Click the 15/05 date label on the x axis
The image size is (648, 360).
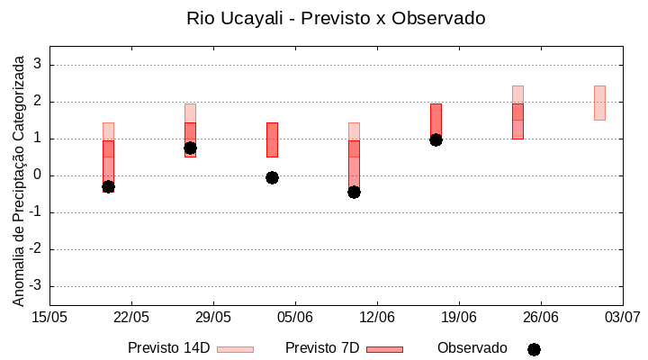(x=49, y=317)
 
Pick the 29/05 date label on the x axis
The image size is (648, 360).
(x=213, y=317)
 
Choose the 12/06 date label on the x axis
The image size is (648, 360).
(x=377, y=317)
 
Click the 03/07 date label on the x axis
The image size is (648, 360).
(x=622, y=317)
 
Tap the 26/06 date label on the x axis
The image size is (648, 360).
(x=540, y=317)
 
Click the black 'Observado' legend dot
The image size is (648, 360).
(x=534, y=349)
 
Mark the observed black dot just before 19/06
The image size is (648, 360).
(x=436, y=139)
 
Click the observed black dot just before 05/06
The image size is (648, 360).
(x=272, y=177)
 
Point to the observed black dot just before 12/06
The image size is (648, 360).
(x=354, y=192)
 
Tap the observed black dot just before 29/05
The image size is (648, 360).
(x=190, y=148)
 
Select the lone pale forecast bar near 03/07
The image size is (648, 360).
(x=599, y=103)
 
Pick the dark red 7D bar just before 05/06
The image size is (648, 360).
(x=272, y=139)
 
